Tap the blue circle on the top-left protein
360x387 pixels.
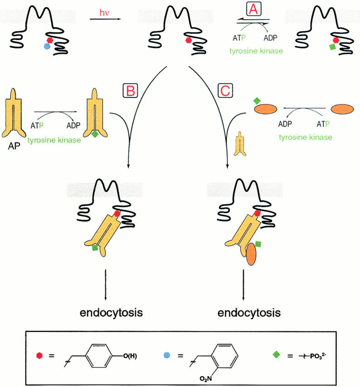(x=46, y=46)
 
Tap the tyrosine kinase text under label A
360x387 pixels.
(x=263, y=51)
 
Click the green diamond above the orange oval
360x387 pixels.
(x=257, y=100)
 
